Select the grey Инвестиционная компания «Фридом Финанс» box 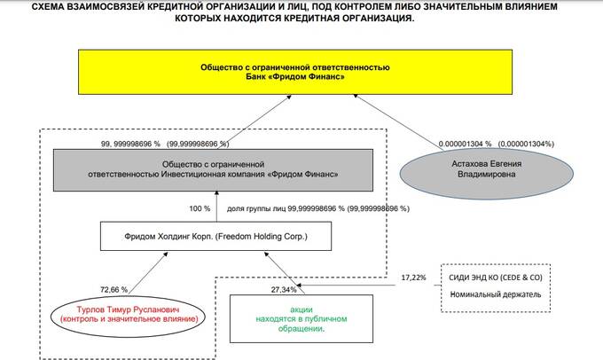[214, 169]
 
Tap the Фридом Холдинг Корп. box [205, 236]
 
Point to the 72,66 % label [114, 289]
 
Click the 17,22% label [413, 278]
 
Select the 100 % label [200, 208]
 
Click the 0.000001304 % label [464, 143]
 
